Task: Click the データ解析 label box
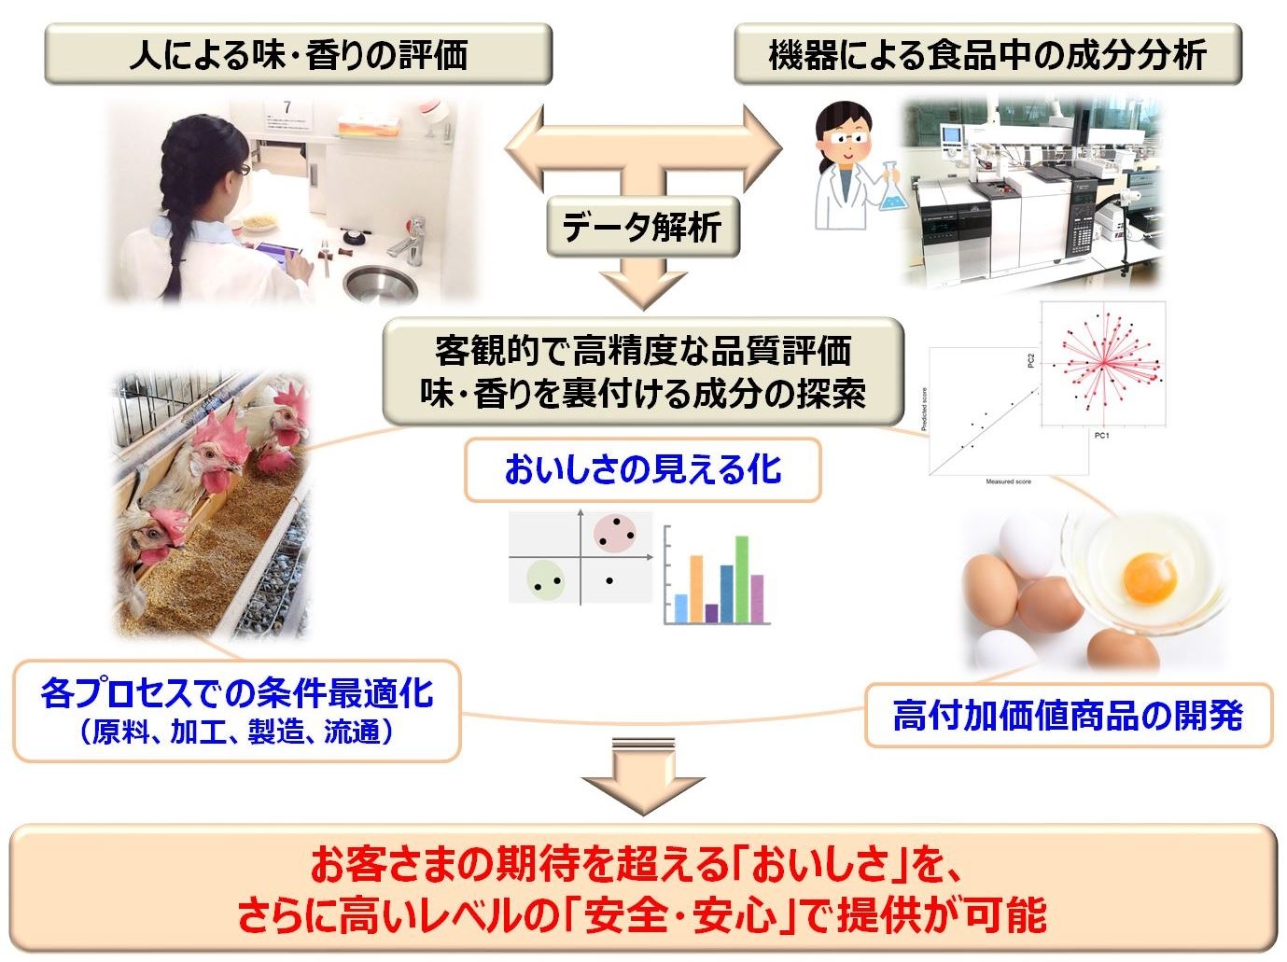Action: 642,227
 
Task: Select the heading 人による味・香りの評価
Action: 298,55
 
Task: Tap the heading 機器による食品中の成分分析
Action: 987,55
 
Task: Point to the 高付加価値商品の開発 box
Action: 1068,716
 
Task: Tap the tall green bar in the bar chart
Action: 742,579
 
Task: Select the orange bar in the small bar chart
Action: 695,589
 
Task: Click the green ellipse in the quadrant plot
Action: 545,579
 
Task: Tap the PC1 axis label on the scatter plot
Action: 1101,435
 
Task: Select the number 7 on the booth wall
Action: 287,108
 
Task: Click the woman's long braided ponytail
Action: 174,252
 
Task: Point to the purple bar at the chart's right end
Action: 757,599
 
